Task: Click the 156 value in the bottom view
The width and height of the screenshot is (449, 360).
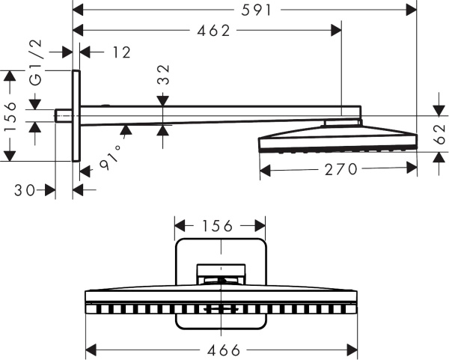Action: coord(219,225)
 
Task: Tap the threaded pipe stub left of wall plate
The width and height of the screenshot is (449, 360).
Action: coord(64,115)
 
